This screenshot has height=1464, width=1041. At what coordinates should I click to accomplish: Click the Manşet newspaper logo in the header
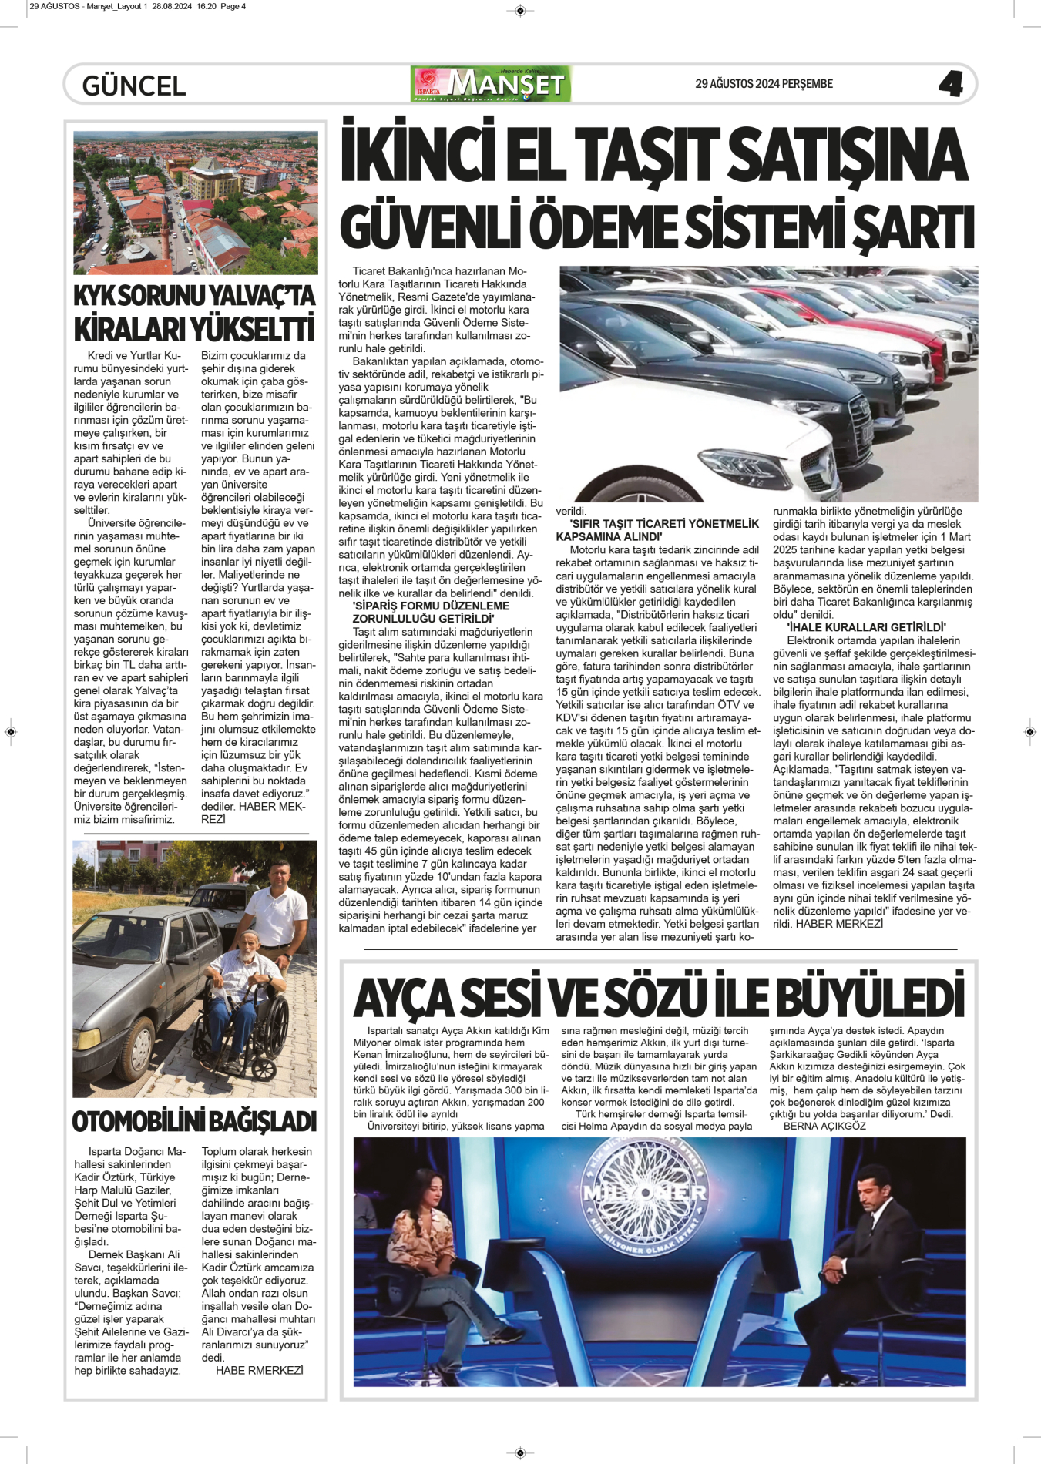(x=492, y=84)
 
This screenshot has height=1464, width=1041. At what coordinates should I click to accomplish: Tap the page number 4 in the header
(x=951, y=84)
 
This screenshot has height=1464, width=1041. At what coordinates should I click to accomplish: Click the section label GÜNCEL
(x=134, y=86)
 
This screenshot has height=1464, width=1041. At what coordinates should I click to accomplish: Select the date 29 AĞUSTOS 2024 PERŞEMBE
(x=764, y=84)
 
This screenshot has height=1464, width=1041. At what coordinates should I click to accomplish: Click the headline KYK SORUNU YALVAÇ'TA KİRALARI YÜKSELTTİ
(x=194, y=313)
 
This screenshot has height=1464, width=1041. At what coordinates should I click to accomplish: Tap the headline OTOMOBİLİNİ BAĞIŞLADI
(x=194, y=1121)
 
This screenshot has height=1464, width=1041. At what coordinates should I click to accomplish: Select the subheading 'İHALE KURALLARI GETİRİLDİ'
(x=859, y=627)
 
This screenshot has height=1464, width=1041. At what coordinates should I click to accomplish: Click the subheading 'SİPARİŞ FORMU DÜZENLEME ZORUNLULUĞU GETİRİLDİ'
(x=431, y=613)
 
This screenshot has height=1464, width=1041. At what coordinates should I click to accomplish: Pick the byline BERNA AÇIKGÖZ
(x=824, y=1126)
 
